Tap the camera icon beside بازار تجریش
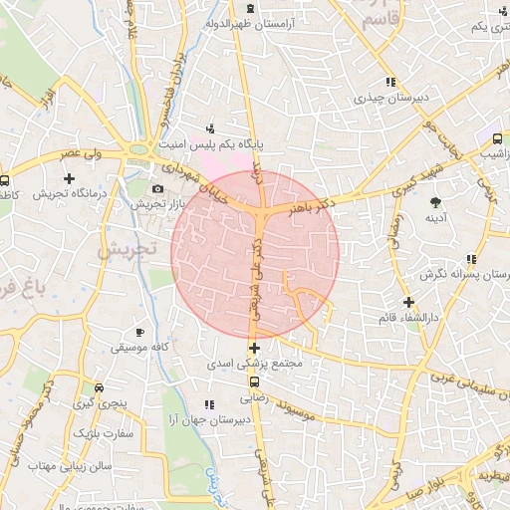pos(157,189)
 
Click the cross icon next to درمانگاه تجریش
pos(68,178)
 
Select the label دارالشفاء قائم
pos(408,317)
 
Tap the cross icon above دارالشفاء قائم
pos(407,302)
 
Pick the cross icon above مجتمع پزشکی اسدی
pos(255,349)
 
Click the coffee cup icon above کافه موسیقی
pos(140,332)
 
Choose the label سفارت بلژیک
pos(97,434)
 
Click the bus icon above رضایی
pos(255,381)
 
